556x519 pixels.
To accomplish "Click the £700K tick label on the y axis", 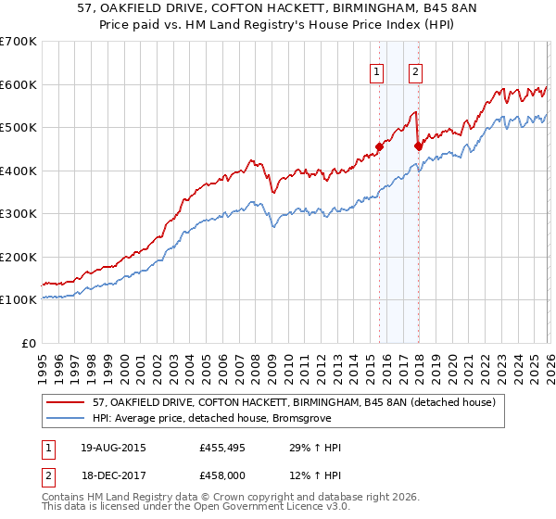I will click(x=19, y=42).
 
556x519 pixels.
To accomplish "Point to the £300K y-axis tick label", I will click(x=19, y=214).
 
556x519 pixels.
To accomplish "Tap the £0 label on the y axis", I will click(x=31, y=343).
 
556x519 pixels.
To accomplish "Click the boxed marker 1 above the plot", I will click(x=378, y=73).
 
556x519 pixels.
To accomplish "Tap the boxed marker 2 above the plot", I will click(x=416, y=73).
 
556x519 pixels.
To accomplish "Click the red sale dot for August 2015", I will click(x=379, y=146).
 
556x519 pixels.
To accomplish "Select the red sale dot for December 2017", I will click(x=418, y=146).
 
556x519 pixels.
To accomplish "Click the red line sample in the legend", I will click(x=67, y=402).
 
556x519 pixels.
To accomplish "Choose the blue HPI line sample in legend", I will click(x=67, y=418).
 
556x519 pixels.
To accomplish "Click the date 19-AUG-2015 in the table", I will click(x=112, y=449).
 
